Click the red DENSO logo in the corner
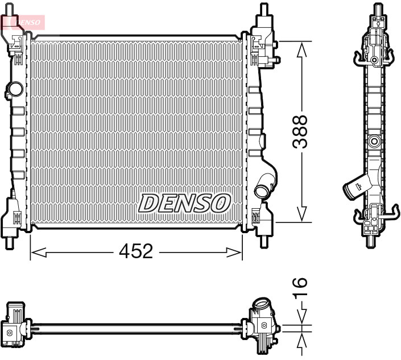click(23, 22)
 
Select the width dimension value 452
click(137, 251)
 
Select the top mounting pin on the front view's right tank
click(263, 10)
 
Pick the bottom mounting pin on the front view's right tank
click(263, 241)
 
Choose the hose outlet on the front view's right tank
click(264, 186)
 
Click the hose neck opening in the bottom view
click(262, 304)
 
